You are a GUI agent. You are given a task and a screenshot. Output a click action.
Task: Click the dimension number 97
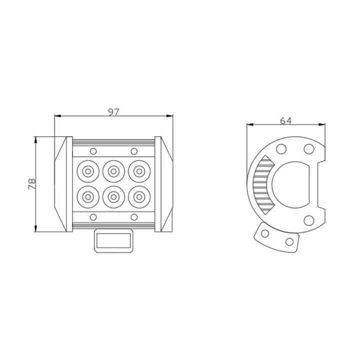[113, 112]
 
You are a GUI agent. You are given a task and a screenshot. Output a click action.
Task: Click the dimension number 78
[32, 184]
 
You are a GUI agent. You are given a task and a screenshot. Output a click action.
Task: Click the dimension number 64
[285, 120]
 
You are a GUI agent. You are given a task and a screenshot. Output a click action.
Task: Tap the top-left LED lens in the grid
[88, 171]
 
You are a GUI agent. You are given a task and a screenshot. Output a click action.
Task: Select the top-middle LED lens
[113, 171]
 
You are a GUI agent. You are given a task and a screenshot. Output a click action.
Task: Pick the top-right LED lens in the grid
[139, 171]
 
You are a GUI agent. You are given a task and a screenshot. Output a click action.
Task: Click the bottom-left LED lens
[88, 197]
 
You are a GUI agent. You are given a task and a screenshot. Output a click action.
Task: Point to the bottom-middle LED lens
[113, 197]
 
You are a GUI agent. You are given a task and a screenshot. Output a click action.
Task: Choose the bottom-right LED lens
[139, 197]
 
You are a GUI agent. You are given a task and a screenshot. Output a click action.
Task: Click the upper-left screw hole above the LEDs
[93, 151]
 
